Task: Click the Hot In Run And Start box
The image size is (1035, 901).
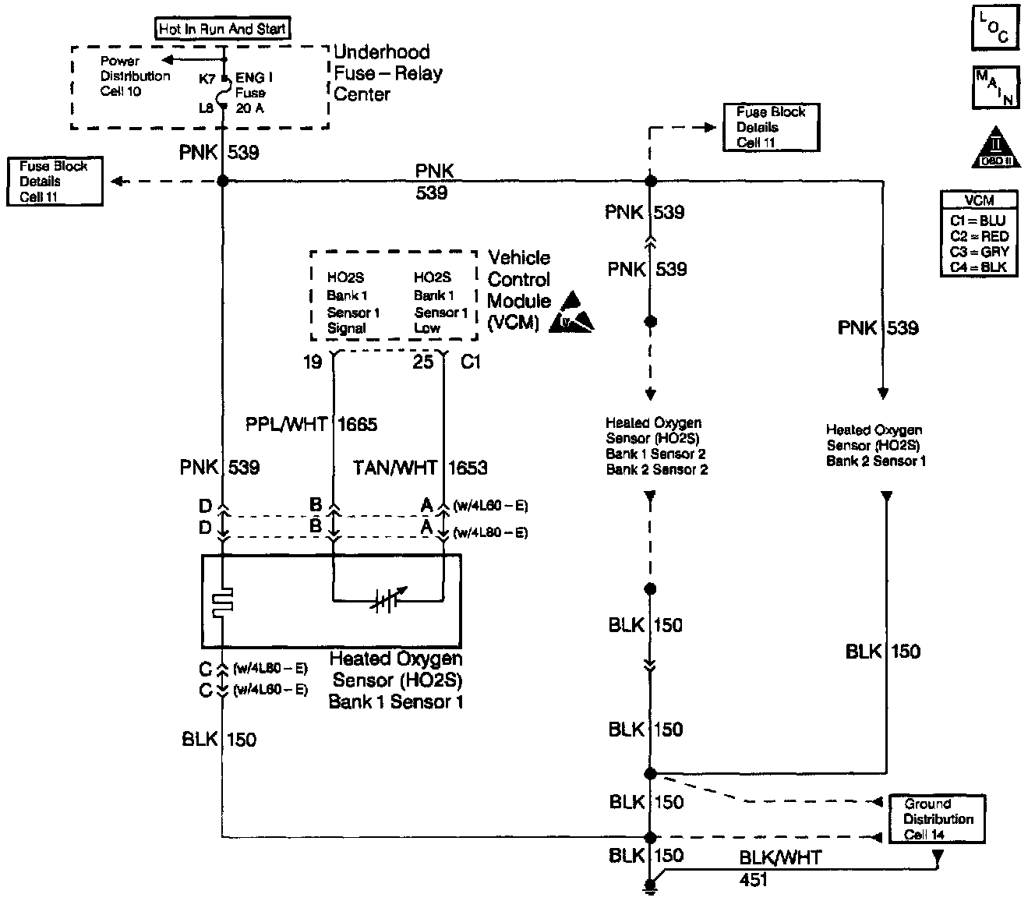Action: [x=223, y=30]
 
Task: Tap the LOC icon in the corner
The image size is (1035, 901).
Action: [x=994, y=28]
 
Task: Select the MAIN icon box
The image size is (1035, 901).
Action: [x=995, y=87]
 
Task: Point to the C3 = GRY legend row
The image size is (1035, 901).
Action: [x=979, y=252]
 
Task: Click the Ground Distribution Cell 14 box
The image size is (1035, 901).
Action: [x=938, y=819]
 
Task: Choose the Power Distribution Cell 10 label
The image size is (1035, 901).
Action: [x=135, y=76]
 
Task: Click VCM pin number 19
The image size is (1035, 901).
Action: [x=313, y=362]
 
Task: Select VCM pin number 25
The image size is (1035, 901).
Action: [x=422, y=362]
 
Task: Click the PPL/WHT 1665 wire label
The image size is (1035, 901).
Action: [x=311, y=424]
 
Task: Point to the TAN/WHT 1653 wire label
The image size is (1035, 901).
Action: [x=420, y=468]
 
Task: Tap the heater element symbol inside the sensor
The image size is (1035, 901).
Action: [x=222, y=601]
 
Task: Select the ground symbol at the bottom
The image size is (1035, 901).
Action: [x=650, y=886]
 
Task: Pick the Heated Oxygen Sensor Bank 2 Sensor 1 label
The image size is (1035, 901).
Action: [x=874, y=445]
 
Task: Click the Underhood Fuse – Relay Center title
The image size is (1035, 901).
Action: [x=387, y=73]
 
